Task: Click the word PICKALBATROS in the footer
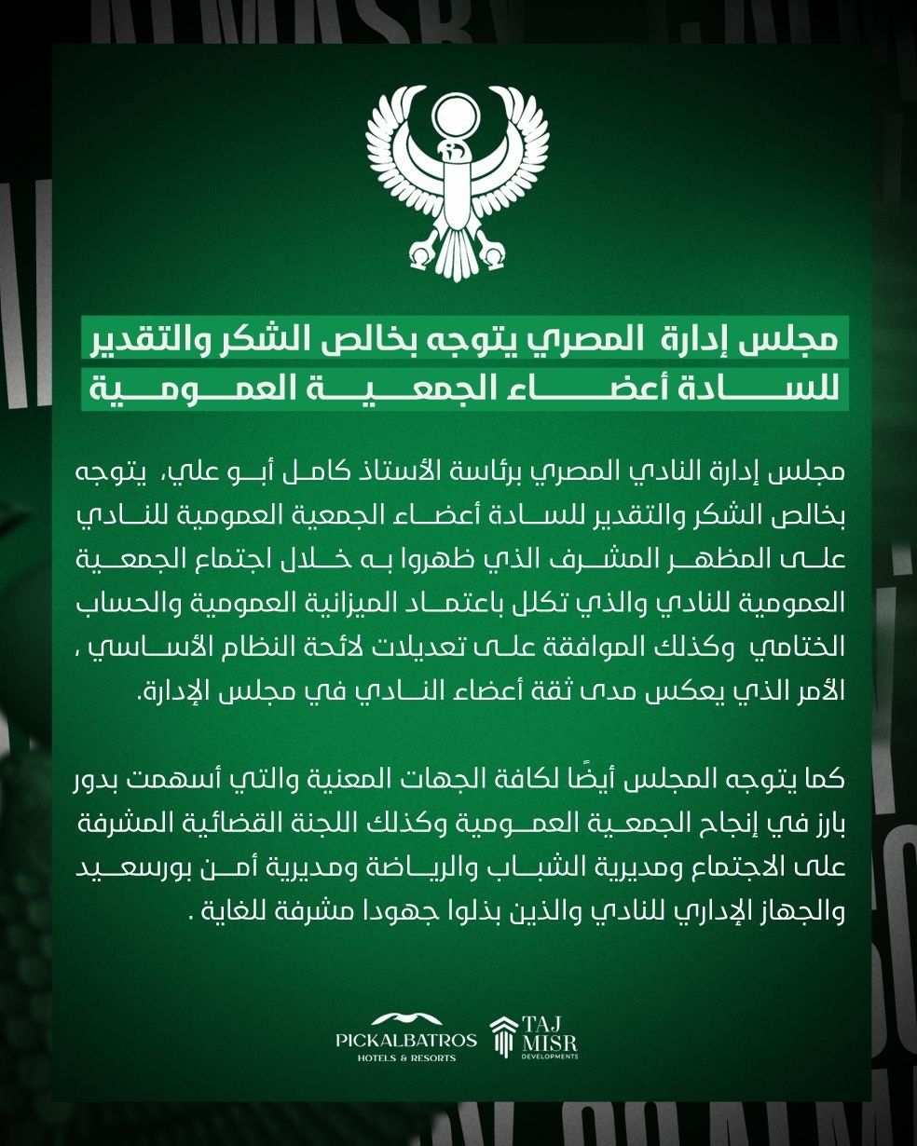click(406, 1040)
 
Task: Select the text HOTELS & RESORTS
click(406, 1058)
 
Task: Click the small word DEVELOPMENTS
click(550, 1057)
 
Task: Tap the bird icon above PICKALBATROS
click(406, 1017)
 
